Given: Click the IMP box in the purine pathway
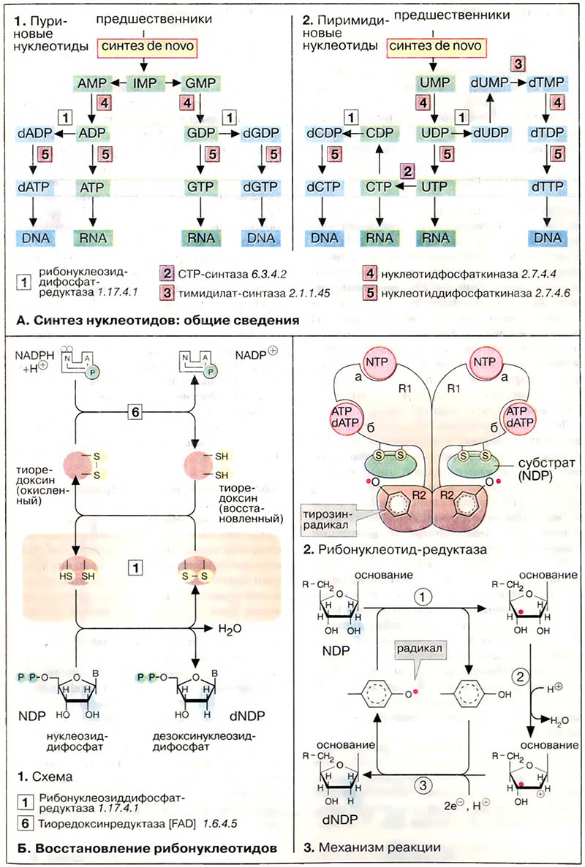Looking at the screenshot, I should pos(144,82).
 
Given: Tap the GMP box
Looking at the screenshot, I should pos(197,82).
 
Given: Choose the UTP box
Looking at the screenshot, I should pos(436,188).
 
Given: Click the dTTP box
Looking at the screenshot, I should pos(546,188).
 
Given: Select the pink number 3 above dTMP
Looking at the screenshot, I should pos(518,63).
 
